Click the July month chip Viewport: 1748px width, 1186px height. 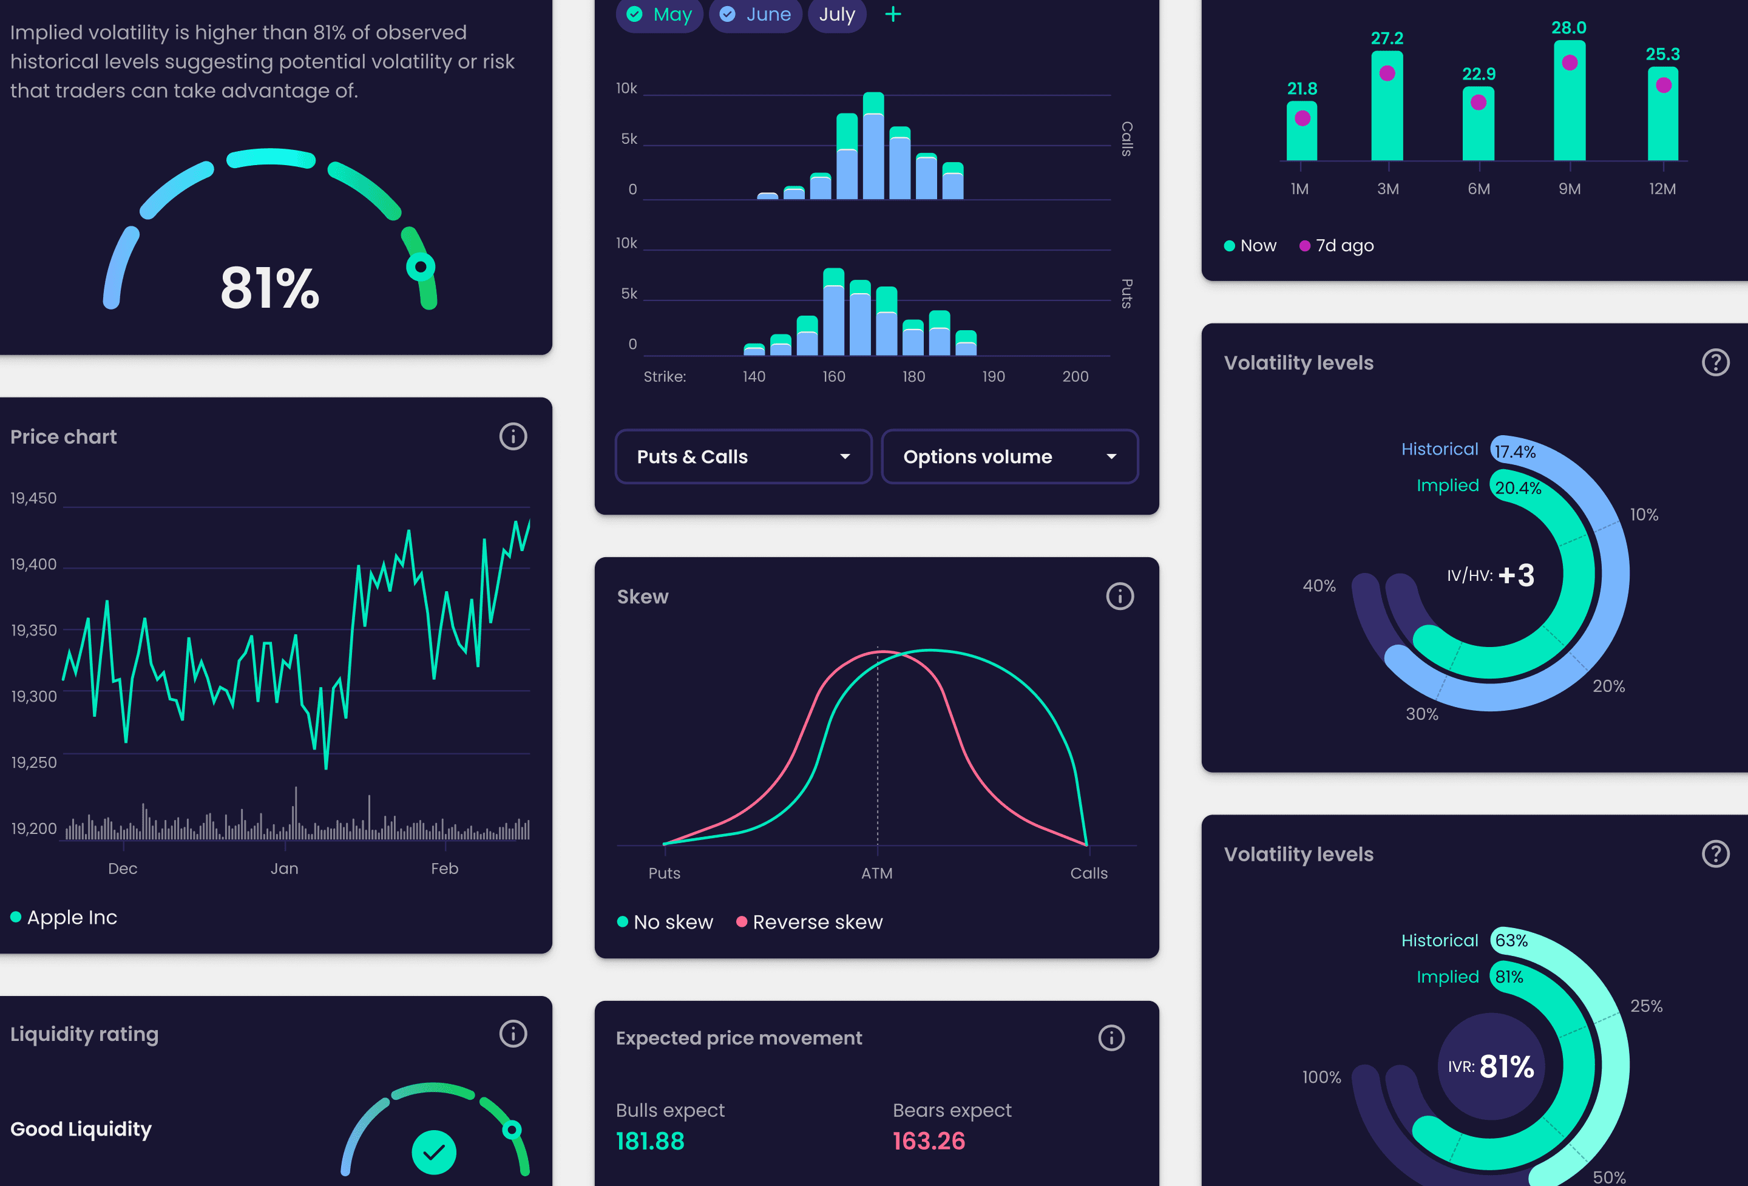pyautogui.click(x=836, y=15)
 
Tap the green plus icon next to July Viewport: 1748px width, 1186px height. pyautogui.click(x=893, y=15)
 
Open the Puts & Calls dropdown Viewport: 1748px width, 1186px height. pyautogui.click(x=743, y=456)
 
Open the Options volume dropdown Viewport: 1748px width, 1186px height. pyautogui.click(x=1009, y=456)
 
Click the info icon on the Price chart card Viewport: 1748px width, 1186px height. pyautogui.click(x=513, y=436)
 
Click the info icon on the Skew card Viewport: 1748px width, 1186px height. pyautogui.click(x=1119, y=597)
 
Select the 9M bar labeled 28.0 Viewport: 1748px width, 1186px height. pyautogui.click(x=1569, y=101)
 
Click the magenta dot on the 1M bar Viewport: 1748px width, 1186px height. pyautogui.click(x=1302, y=118)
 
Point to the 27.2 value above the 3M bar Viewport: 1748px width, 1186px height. pyautogui.click(x=1387, y=38)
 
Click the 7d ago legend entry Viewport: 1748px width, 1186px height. pyautogui.click(x=1336, y=246)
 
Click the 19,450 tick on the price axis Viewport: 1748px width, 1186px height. pyautogui.click(x=34, y=498)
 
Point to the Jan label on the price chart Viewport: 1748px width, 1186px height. pyautogui.click(x=284, y=869)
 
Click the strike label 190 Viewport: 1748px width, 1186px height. pyautogui.click(x=993, y=376)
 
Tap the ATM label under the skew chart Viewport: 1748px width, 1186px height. pyautogui.click(x=877, y=873)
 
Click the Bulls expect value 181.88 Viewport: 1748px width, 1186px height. pyautogui.click(x=650, y=1141)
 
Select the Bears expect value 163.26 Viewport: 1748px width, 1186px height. pyautogui.click(x=929, y=1141)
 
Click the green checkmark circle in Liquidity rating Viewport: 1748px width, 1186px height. pyautogui.click(x=434, y=1151)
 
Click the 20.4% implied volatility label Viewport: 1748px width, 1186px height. pyautogui.click(x=1518, y=487)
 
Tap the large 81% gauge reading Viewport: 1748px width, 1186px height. pyautogui.click(x=269, y=288)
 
